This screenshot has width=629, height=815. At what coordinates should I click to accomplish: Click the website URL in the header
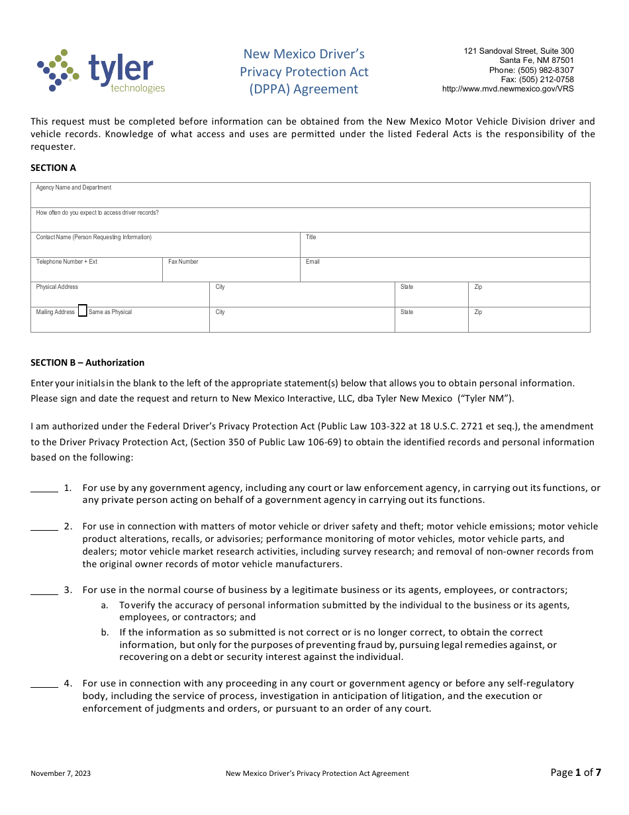(508, 89)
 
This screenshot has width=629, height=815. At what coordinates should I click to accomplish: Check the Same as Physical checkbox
(82, 311)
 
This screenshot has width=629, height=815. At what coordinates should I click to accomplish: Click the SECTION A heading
(53, 168)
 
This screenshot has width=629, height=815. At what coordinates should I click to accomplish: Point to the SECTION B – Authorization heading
(87, 362)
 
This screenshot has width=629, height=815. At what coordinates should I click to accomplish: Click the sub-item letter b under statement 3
(104, 632)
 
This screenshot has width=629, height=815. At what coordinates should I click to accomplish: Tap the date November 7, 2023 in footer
(61, 773)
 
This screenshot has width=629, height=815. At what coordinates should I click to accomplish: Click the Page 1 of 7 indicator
(575, 772)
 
